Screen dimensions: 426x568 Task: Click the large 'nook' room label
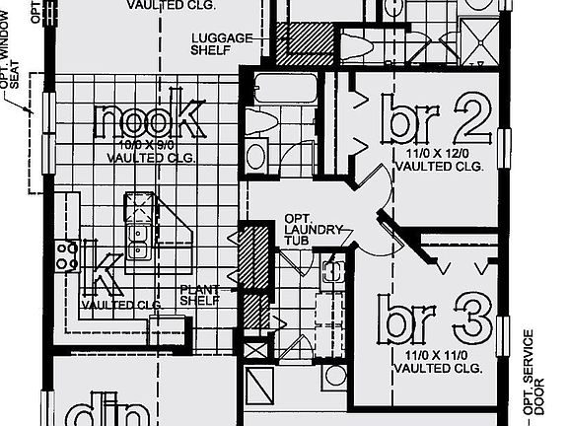tap(150, 120)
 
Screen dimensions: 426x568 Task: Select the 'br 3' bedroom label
tap(437, 320)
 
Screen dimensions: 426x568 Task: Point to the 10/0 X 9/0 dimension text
tap(149, 145)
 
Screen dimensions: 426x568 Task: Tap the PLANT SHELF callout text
tap(199, 296)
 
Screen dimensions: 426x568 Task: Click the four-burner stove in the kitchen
tap(67, 256)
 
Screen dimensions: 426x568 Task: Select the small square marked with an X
tap(254, 349)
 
